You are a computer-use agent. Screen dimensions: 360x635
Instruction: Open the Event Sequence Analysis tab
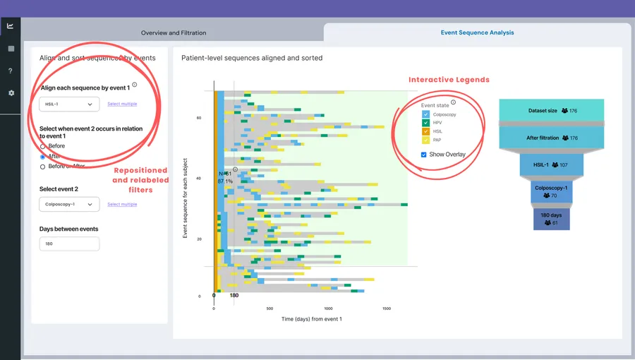477,32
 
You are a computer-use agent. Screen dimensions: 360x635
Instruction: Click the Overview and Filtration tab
174,33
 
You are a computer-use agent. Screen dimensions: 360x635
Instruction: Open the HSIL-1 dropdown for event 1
69,104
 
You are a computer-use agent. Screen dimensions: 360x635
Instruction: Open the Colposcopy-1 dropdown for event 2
69,205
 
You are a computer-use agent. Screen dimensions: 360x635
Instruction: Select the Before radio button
43,146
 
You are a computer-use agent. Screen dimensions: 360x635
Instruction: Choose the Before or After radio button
43,167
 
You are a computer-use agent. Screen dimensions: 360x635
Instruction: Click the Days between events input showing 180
69,244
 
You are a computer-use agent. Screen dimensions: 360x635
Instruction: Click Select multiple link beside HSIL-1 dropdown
122,104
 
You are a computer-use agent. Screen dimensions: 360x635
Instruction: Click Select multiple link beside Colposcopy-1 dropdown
122,205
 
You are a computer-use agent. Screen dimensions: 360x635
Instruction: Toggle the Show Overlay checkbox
423,155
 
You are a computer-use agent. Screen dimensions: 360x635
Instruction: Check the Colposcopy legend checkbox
425,114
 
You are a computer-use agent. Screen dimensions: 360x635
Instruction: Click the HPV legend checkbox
425,123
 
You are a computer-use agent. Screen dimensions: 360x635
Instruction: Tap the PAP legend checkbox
425,140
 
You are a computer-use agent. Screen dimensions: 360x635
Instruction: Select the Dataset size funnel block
552,111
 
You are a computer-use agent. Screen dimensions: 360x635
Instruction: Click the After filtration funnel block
552,138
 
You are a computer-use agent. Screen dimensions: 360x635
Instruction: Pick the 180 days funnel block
550,218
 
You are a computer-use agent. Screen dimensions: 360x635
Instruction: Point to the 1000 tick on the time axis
328,308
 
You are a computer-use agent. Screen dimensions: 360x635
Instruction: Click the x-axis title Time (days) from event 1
311,320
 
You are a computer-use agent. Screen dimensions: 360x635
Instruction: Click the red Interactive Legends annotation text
449,80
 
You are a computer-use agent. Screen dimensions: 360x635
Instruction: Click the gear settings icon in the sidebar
11,93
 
